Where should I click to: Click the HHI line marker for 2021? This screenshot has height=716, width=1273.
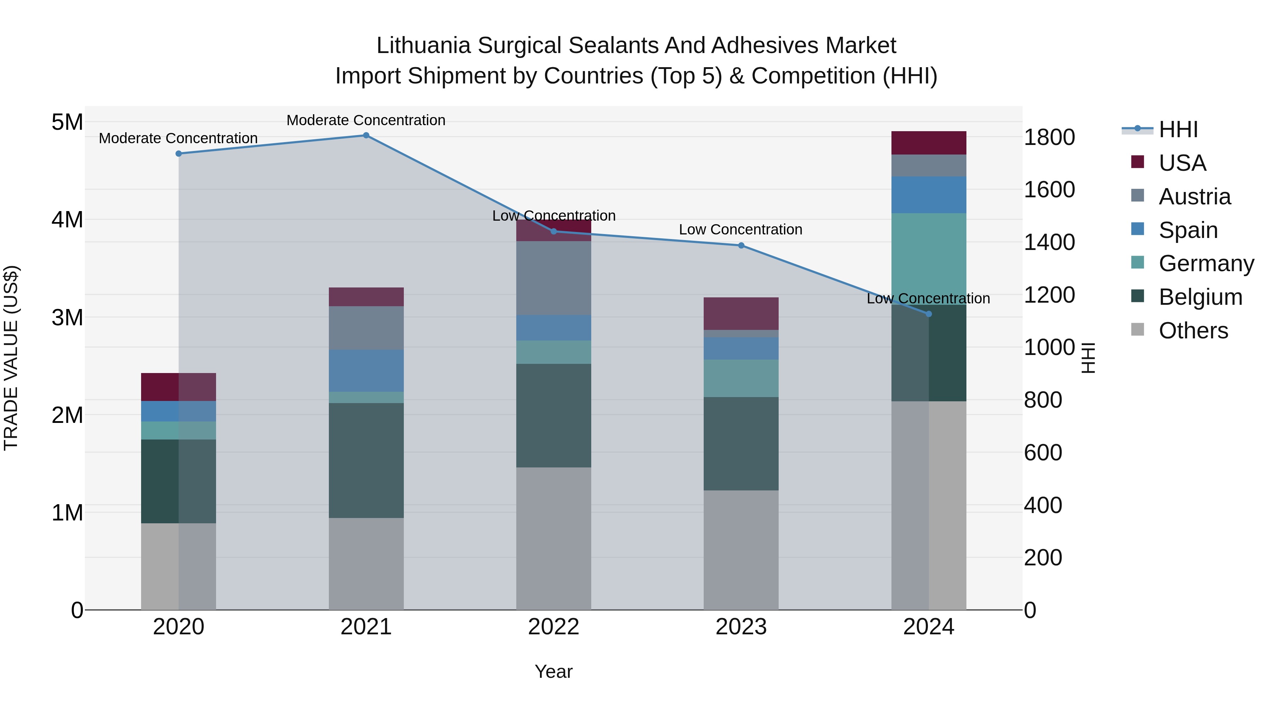click(x=366, y=135)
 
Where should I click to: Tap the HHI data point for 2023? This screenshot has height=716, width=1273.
click(x=741, y=246)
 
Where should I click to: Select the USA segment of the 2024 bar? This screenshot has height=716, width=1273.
click(x=929, y=143)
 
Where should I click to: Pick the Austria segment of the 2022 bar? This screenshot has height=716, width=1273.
click(x=553, y=278)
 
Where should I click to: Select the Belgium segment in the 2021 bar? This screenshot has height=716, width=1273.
click(x=366, y=460)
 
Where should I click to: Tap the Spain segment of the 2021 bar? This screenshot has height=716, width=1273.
click(x=366, y=371)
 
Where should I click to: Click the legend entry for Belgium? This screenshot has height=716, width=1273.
click(x=1200, y=297)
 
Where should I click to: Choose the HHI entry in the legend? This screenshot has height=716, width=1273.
click(x=1178, y=129)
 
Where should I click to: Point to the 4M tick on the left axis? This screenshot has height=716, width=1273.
click(x=67, y=219)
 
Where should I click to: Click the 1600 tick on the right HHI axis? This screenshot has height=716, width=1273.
click(x=1049, y=190)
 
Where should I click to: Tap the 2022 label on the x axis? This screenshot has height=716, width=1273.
click(x=553, y=627)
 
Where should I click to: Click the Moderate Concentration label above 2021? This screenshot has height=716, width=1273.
click(x=366, y=120)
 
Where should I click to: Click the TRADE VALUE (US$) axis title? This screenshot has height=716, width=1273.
click(x=11, y=358)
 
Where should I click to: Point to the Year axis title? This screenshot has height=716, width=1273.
click(x=553, y=671)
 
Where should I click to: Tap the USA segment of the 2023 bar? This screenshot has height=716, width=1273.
click(x=741, y=313)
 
